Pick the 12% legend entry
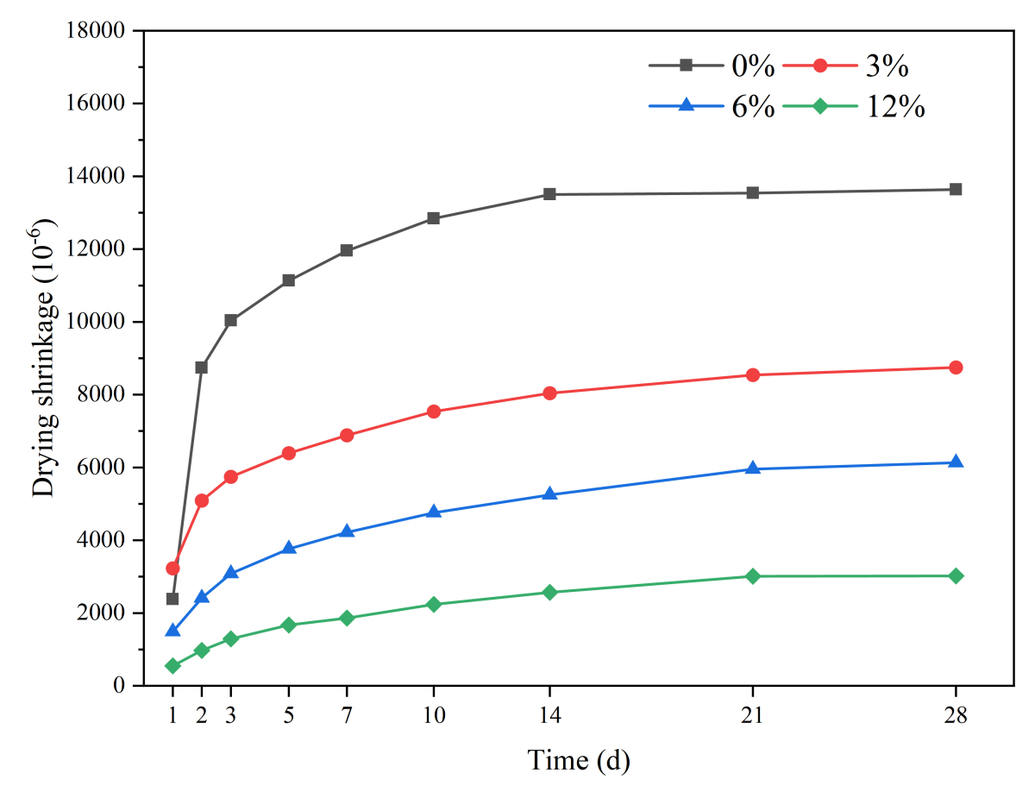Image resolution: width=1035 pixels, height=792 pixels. pyautogui.click(x=854, y=106)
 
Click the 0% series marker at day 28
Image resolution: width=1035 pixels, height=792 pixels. pyautogui.click(x=956, y=189)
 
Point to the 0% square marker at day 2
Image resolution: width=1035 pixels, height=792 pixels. pyautogui.click(x=202, y=368)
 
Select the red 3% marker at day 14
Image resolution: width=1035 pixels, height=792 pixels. pyautogui.click(x=549, y=393)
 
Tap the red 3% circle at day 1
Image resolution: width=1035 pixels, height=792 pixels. pyautogui.click(x=172, y=569)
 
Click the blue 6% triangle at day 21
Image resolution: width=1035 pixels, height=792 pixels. pyautogui.click(x=753, y=468)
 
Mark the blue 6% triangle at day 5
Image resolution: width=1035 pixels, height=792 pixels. pyautogui.click(x=289, y=548)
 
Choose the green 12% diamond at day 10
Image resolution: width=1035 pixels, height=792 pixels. pyautogui.click(x=433, y=604)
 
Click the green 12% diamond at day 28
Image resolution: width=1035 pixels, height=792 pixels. pyautogui.click(x=956, y=575)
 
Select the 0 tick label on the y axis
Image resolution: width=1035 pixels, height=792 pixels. pyautogui.click(x=119, y=686)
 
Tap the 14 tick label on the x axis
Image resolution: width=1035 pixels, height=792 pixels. pyautogui.click(x=549, y=716)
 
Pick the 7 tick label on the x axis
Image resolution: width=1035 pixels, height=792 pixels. pyautogui.click(x=347, y=716)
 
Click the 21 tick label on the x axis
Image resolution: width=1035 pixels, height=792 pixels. pyautogui.click(x=753, y=716)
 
